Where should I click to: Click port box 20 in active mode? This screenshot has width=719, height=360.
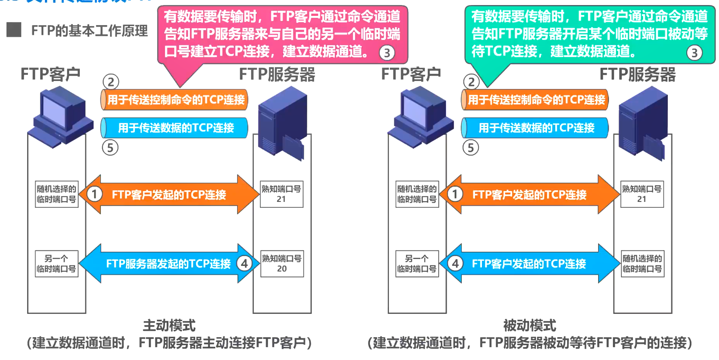click(x=282, y=264)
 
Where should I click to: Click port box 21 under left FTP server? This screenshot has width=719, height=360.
click(x=281, y=194)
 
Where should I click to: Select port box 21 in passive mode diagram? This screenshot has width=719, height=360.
click(x=642, y=194)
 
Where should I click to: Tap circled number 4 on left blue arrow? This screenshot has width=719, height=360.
click(x=244, y=264)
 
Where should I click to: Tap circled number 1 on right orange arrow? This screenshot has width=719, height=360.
click(x=455, y=194)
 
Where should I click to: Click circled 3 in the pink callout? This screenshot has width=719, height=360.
click(x=387, y=53)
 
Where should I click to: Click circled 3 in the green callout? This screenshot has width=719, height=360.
click(x=694, y=53)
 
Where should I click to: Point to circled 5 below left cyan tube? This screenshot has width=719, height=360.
click(x=110, y=148)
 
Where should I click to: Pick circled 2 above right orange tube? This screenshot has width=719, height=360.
click(x=471, y=82)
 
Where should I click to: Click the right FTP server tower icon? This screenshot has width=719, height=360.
click(x=643, y=124)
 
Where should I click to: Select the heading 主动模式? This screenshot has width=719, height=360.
click(x=169, y=326)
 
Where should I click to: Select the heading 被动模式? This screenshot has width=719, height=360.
click(x=530, y=326)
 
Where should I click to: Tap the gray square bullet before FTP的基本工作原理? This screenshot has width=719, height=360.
click(x=14, y=30)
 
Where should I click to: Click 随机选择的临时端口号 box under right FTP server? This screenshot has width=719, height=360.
click(x=642, y=264)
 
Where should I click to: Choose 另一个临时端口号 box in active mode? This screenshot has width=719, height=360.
click(x=57, y=264)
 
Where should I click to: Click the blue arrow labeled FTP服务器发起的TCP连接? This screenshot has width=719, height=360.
click(x=168, y=264)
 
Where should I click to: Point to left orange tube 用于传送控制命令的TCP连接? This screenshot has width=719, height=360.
click(x=174, y=100)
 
